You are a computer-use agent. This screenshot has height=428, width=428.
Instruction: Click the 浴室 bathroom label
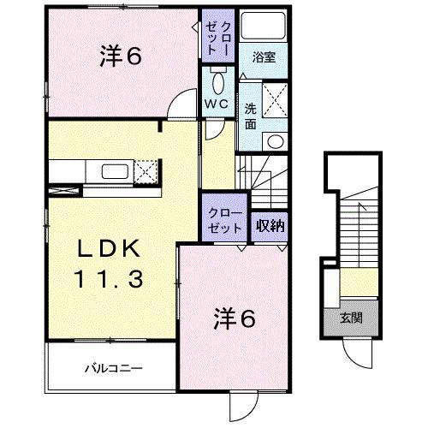click(x=264, y=59)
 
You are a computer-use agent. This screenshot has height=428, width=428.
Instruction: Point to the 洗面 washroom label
click(x=251, y=116)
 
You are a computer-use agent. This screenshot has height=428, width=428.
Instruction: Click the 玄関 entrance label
click(x=353, y=319)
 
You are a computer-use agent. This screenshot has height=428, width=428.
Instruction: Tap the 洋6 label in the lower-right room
click(x=233, y=318)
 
